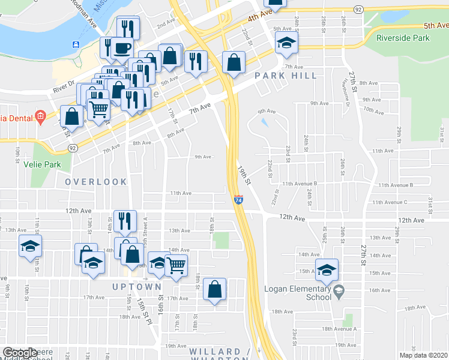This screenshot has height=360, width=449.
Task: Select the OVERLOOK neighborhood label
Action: coord(96,182)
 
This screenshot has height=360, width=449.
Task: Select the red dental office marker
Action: coord(40,116)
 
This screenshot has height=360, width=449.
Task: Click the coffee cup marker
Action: coord(123,47)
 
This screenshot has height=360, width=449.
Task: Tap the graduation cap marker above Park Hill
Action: coord(286,42)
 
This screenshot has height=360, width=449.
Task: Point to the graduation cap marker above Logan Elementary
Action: coord(327,269)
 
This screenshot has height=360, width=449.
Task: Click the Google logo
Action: coord(20,353)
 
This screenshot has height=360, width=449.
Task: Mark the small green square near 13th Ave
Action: coord(222,241)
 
